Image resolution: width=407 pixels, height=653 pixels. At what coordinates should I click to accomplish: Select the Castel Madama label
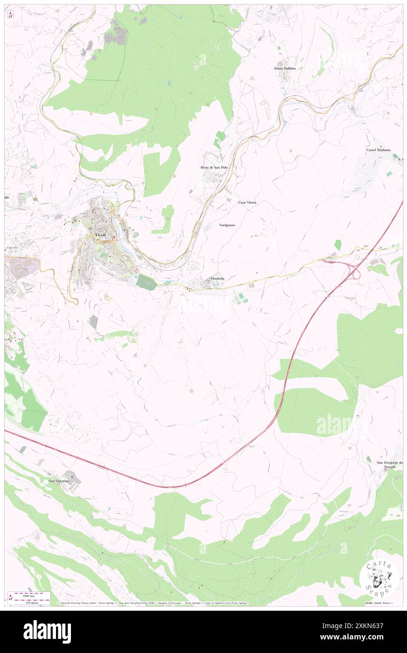pyautogui.click(x=378, y=150)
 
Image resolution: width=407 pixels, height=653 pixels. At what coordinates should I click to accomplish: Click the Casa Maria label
pyautogui.click(x=247, y=202)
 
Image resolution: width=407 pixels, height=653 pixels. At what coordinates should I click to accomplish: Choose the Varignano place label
pyautogui.click(x=227, y=225)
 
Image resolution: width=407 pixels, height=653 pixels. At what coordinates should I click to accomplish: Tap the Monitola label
pyautogui.click(x=217, y=279)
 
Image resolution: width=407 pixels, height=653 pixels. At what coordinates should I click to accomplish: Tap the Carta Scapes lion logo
pyautogui.click(x=379, y=578)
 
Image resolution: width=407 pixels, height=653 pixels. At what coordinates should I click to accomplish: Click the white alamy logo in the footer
pyautogui.click(x=47, y=631)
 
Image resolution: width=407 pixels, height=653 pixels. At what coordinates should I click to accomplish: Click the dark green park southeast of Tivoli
pyautogui.click(x=146, y=282)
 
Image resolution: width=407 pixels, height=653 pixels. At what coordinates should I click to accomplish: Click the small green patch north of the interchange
pyautogui.click(x=337, y=244)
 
